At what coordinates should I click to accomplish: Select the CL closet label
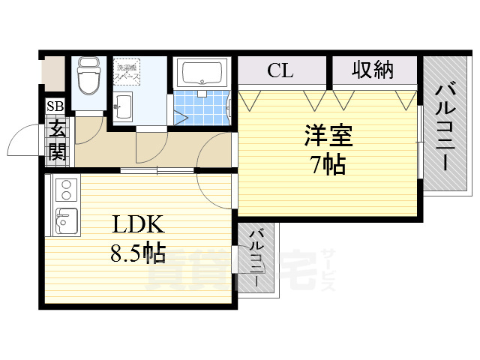click(280, 71)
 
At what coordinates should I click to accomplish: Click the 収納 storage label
click(373, 70)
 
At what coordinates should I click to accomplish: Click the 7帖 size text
click(328, 164)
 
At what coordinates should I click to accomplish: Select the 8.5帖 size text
click(139, 253)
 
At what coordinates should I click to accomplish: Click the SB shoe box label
click(55, 106)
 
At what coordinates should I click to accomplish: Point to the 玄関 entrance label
click(57, 141)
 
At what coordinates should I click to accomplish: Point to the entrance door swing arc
click(22, 139)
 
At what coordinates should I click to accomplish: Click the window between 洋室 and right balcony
click(421, 142)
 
